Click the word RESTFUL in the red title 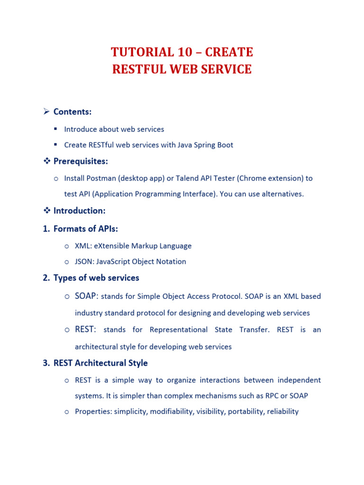coord(138,69)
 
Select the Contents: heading coord(73,112)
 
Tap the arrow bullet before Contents coord(46,112)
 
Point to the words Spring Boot coord(214,145)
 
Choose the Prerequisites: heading coord(81,162)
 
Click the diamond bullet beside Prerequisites coord(46,162)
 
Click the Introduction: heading coord(79,211)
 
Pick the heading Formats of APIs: coord(86,229)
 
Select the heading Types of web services coord(96,278)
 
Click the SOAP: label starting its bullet coord(87,296)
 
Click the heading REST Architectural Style coord(100,363)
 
